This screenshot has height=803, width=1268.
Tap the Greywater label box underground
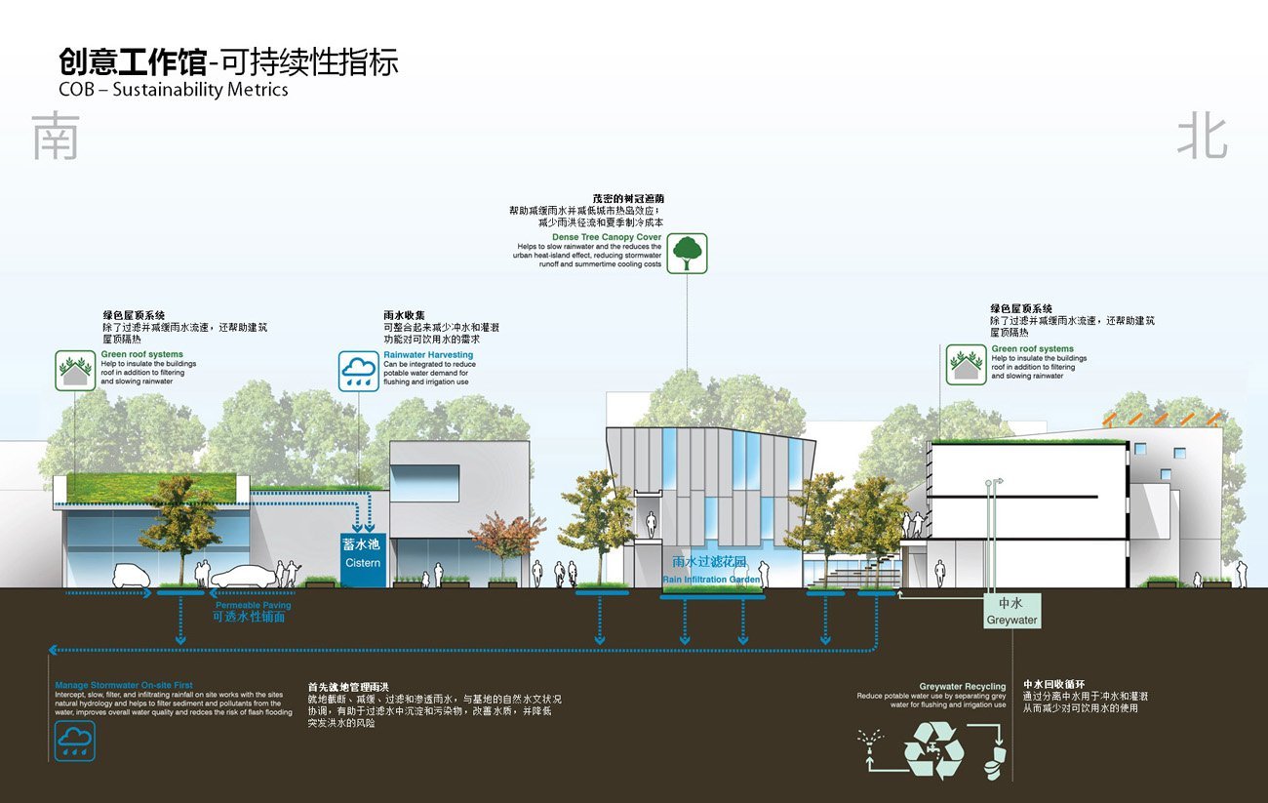pyautogui.click(x=1011, y=611)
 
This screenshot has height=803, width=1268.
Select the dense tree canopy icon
pyautogui.click(x=688, y=253)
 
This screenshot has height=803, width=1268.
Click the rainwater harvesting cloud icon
pyautogui.click(x=358, y=372)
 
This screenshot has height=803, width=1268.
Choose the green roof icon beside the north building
pyautogui.click(x=965, y=364)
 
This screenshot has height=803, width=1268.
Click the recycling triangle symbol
pyautogui.click(x=933, y=749)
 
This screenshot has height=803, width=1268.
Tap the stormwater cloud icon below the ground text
pyautogui.click(x=75, y=742)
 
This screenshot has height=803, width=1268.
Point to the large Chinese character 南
pyautogui.click(x=55, y=138)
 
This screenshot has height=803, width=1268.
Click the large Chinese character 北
pyautogui.click(x=1201, y=138)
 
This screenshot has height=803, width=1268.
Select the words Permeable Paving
pyautogui.click(x=253, y=606)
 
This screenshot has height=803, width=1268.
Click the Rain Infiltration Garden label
pyautogui.click(x=711, y=580)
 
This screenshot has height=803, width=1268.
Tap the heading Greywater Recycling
pyautogui.click(x=962, y=687)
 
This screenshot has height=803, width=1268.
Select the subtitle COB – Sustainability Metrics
pyautogui.click(x=174, y=90)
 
